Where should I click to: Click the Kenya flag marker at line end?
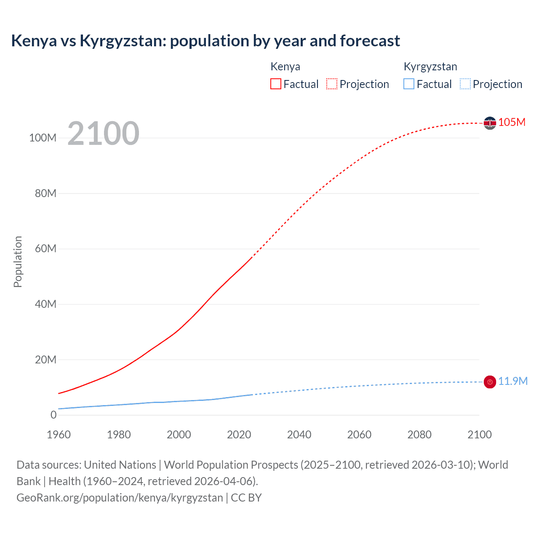(490, 123)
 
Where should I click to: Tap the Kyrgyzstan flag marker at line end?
(490, 382)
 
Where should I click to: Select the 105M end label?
(512, 122)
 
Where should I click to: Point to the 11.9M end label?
(512, 381)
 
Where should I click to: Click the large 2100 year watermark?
(103, 133)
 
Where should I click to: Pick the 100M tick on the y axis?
(43, 138)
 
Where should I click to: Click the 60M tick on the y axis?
(45, 248)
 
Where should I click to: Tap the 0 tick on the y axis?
(53, 415)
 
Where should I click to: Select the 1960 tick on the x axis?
(59, 435)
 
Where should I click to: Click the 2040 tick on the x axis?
(299, 435)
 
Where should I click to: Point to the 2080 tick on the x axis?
(419, 435)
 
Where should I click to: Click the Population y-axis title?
(18, 261)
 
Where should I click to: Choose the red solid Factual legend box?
(275, 84)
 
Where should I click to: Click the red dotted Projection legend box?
(332, 84)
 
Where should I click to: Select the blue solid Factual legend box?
(409, 84)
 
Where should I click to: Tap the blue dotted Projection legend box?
(465, 84)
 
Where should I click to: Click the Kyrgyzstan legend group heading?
(430, 67)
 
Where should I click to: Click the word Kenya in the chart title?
(34, 41)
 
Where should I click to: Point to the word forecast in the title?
(370, 41)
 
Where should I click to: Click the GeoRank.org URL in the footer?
(120, 498)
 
